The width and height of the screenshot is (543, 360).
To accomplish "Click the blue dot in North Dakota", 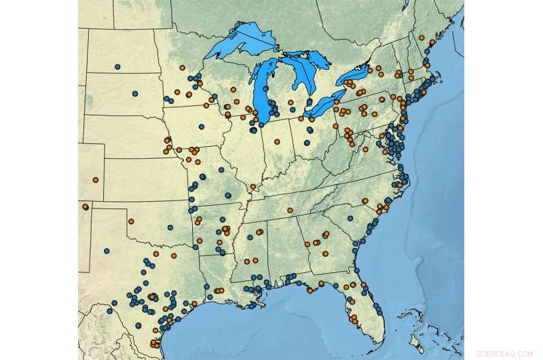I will coord(117,67).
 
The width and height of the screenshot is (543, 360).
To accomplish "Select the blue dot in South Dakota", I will coord(134,93).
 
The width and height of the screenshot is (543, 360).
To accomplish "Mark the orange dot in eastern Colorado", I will coord(96,179).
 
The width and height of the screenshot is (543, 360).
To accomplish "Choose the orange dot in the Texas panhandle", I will coord(131,221).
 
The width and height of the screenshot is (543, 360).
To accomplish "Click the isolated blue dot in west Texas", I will coord(107,251).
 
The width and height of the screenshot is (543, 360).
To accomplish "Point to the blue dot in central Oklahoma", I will coord(170,227).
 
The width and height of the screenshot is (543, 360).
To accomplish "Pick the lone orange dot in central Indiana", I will coord(277,141).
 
